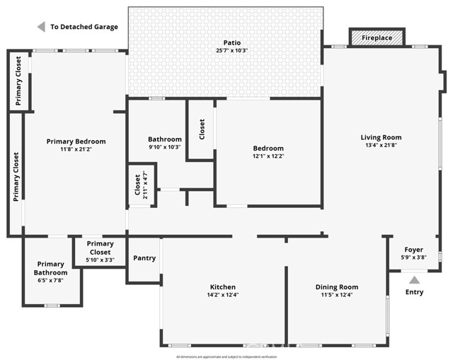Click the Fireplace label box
coord(377,37)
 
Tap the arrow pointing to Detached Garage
coord(41,27)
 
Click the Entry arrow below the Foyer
coord(414,280)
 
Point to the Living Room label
coord(381,137)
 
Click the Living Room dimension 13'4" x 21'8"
coord(381,146)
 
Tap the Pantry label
coord(144,258)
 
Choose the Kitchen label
coord(222,287)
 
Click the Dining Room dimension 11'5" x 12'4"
coord(337,295)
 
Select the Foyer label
coord(413,250)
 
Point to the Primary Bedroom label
coord(76,141)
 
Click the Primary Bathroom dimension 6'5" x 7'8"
coord(51,280)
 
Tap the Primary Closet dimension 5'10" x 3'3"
coord(100,260)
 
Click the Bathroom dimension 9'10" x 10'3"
coord(165,147)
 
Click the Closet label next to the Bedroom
coord(202,129)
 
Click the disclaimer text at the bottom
coord(226,356)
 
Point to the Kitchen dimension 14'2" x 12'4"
coord(222,295)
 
